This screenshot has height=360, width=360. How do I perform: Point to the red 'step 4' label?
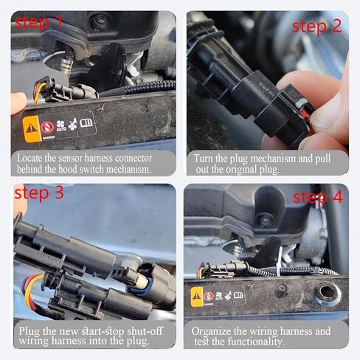click(317, 197)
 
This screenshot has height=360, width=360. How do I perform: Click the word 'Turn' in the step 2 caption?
click(206, 158)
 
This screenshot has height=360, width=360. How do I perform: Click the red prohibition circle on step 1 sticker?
click(48, 125)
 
